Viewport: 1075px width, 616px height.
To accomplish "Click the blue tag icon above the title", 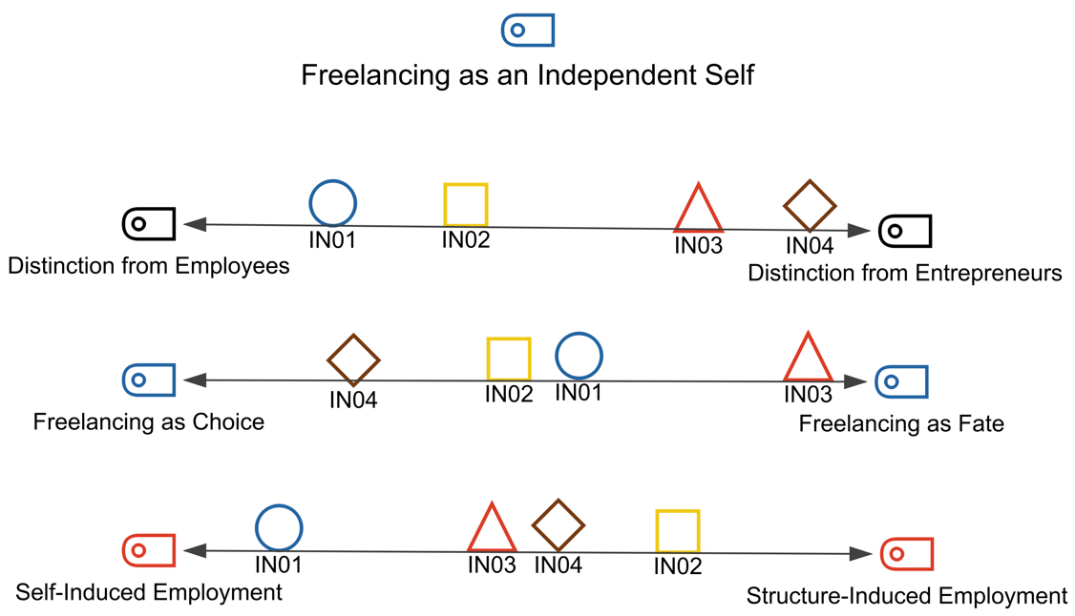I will coord(528,31).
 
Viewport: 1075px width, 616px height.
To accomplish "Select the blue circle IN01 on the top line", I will coord(332,203).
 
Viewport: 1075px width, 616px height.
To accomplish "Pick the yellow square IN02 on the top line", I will coord(466,205).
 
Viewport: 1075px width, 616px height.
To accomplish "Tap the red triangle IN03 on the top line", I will coord(698,210).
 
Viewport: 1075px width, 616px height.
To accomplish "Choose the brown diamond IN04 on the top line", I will coord(810,206).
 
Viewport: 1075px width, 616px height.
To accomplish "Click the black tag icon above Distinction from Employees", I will coord(149,224).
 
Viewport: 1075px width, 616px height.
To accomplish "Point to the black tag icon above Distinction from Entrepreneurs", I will coord(904,231).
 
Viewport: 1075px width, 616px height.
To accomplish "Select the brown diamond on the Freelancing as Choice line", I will coord(353,361).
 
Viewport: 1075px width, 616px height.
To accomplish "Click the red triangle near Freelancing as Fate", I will coord(808,359).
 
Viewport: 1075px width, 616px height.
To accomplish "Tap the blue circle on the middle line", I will coord(579,357).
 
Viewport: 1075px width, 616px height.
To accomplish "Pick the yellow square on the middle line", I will coord(509,359).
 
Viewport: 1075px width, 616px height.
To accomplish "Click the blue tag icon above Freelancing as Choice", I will coord(149,380).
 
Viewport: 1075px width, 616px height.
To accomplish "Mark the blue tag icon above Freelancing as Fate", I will coord(901,381).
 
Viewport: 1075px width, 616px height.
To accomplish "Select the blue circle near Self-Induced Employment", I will coord(279,528).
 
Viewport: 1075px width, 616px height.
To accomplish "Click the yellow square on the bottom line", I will coord(678,532).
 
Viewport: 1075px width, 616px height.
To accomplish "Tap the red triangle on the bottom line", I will coord(492,529).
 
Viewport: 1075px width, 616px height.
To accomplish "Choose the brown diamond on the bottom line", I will coord(558,525).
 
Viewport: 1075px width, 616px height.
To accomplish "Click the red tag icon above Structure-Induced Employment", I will coord(906,554).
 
